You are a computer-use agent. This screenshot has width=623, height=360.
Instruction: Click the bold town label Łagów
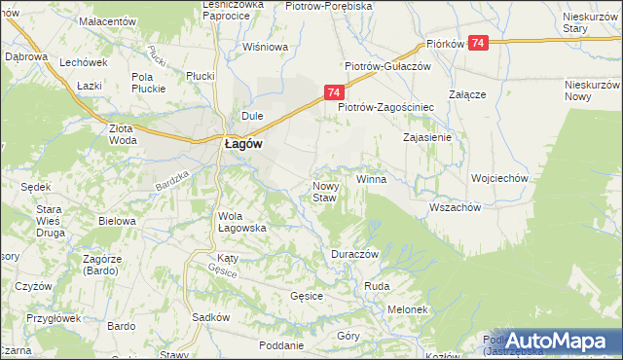pyautogui.click(x=241, y=142)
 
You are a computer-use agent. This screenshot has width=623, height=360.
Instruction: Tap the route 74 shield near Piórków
pyautogui.click(x=478, y=44)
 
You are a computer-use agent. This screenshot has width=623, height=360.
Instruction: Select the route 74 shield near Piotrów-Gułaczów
pyautogui.click(x=333, y=92)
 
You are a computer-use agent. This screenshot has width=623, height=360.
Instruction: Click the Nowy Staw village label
pyautogui.click(x=324, y=192)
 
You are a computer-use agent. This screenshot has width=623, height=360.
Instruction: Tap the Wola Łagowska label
pyautogui.click(x=242, y=222)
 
